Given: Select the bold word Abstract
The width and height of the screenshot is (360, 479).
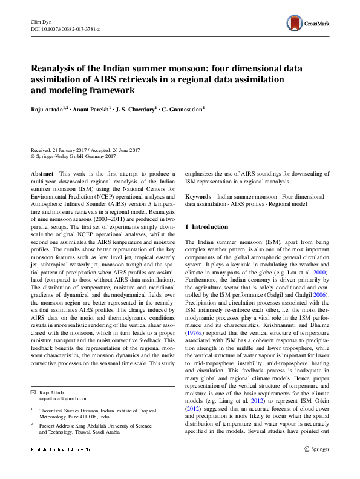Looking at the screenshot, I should [42, 173].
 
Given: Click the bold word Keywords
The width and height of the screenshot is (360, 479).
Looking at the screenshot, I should [198, 197].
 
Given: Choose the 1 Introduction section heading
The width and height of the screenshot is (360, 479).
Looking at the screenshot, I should [206, 227].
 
